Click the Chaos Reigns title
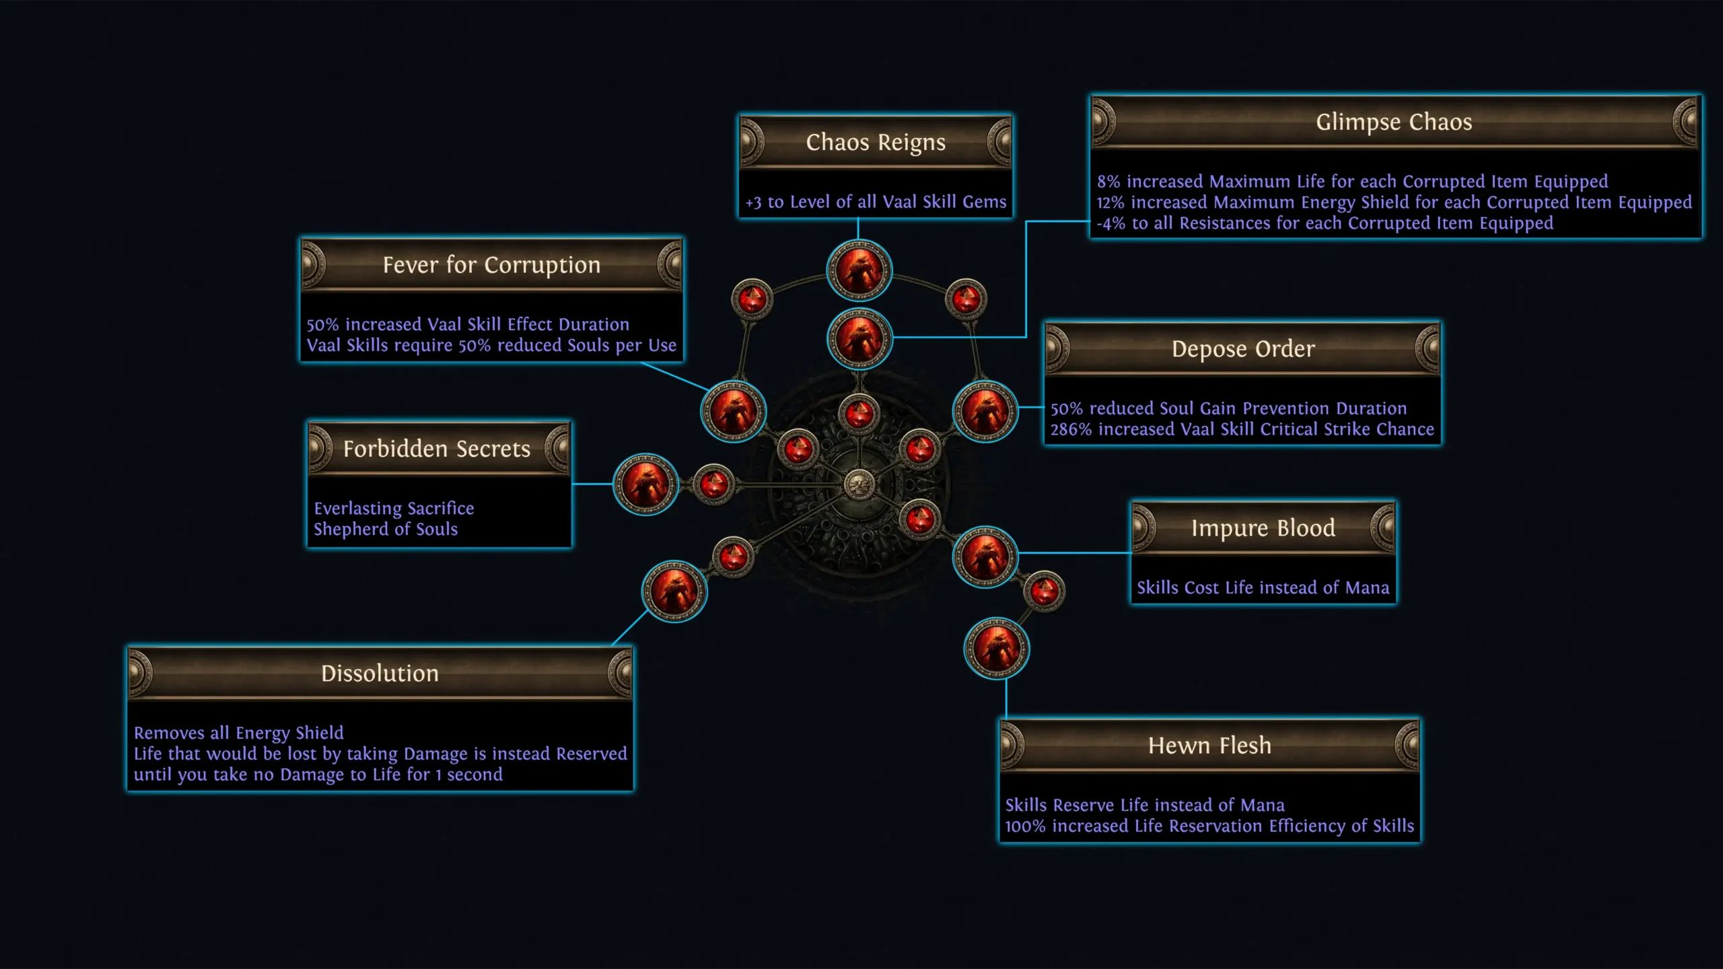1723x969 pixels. pos(875,143)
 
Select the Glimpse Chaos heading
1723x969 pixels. pos(1394,122)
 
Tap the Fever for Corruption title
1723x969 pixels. pos(491,265)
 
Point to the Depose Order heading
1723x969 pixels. pos(1242,349)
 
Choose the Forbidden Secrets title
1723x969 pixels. pos(437,449)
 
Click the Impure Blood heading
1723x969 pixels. pos(1263,528)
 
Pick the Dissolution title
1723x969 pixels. pos(380,674)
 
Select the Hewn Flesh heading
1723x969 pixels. pos(1209,746)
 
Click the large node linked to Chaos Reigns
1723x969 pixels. pos(859,271)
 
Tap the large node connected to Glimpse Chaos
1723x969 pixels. pos(859,338)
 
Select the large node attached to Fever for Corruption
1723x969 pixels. pos(734,411)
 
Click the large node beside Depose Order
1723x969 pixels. pos(985,411)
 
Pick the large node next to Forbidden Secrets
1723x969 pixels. pos(645,484)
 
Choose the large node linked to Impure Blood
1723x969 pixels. pos(985,557)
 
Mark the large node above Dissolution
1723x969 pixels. pos(674,591)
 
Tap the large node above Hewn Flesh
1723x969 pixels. pos(997,648)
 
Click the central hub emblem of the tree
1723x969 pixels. pos(859,484)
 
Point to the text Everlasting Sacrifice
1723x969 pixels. pos(394,509)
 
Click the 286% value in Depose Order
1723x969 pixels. pos(1071,429)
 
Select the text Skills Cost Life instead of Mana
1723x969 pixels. pos(1263,588)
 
